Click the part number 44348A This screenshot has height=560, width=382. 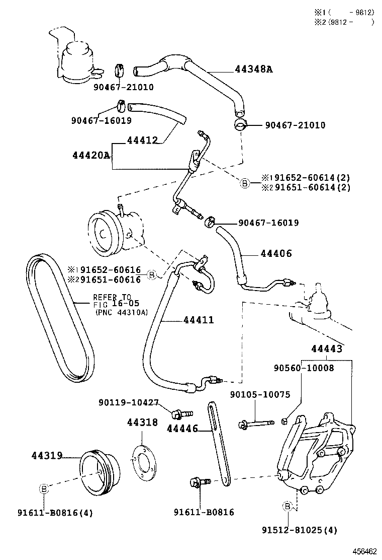(x=253, y=69)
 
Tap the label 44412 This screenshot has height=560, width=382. (x=142, y=140)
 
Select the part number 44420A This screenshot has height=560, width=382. (x=90, y=155)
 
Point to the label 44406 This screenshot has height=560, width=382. (x=276, y=254)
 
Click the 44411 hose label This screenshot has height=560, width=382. (x=199, y=320)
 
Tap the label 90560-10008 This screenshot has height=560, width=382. (x=304, y=368)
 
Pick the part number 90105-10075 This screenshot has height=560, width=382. (x=260, y=394)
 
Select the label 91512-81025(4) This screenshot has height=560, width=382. (x=299, y=530)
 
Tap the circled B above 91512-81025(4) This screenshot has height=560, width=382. (x=288, y=506)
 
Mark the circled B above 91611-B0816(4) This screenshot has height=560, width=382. (x=44, y=488)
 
